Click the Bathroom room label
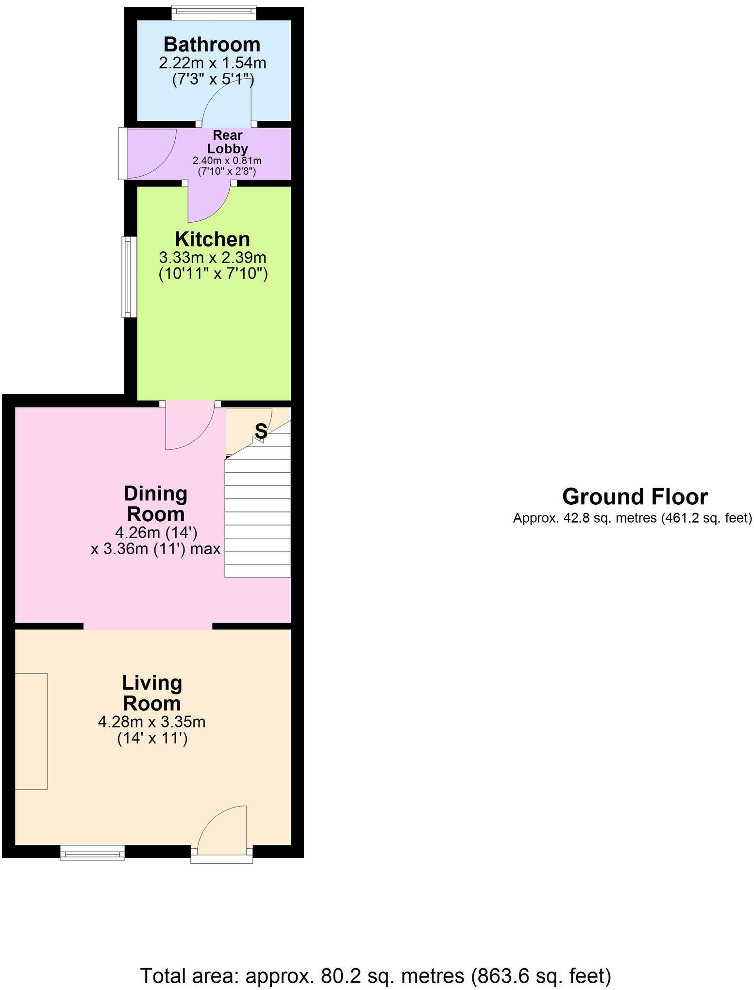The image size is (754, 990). click(212, 44)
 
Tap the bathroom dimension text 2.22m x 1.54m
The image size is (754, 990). click(212, 63)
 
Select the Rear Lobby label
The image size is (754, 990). click(227, 142)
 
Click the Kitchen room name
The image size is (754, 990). click(212, 239)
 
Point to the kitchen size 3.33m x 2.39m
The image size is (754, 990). click(212, 257)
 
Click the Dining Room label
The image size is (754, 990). click(155, 504)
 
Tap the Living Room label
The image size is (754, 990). click(152, 693)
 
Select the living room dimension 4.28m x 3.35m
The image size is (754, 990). click(151, 722)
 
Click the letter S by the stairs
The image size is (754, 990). click(261, 430)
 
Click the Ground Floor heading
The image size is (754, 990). click(635, 497)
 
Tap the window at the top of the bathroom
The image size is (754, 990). click(214, 13)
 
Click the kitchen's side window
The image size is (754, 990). click(129, 277)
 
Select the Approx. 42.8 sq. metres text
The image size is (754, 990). click(632, 518)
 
